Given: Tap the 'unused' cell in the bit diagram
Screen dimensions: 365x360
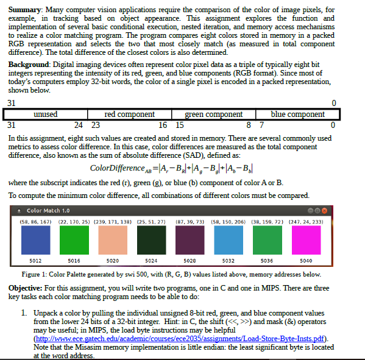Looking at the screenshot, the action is (46, 115).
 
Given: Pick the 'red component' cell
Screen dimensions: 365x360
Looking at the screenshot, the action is (129, 115).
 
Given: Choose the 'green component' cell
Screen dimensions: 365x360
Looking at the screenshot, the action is (213, 115).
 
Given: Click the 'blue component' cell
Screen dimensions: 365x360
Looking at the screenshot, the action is (297, 115).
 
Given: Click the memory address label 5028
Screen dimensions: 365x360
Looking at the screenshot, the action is (190, 261).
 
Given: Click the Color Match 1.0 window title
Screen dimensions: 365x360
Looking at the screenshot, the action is (48, 210).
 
